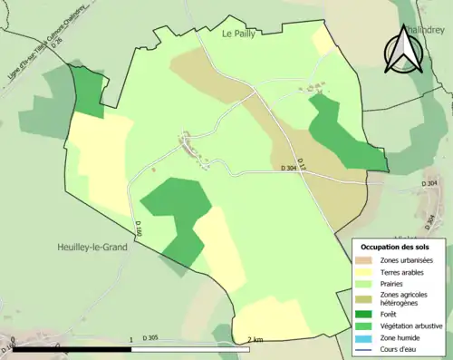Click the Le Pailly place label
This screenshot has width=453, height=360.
pos(239,34)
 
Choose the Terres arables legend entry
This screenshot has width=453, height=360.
pos(400,271)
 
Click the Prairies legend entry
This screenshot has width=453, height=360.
pos(391,283)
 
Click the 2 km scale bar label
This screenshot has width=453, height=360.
pos(255,339)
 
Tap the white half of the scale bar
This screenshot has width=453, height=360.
pos(193,348)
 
